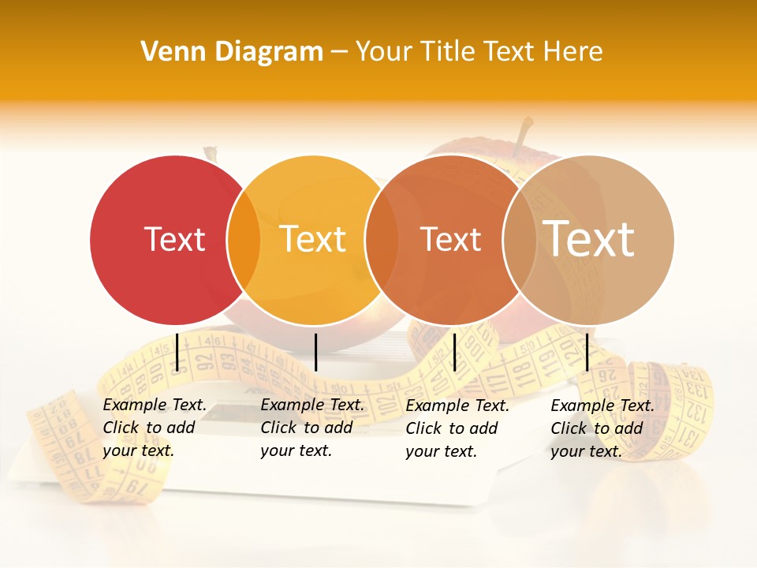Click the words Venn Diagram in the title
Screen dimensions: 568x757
(232, 51)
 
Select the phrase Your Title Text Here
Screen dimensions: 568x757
(479, 51)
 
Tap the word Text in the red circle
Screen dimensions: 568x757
(174, 239)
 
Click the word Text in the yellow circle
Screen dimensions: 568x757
(313, 239)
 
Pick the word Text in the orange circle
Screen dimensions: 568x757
(450, 240)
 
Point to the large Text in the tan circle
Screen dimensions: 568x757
(589, 238)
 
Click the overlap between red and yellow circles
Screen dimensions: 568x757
(244, 240)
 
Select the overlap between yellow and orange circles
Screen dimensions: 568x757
(381, 240)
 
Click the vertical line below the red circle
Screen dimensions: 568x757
(177, 352)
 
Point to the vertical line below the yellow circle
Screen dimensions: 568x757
(315, 352)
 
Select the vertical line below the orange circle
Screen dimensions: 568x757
(454, 352)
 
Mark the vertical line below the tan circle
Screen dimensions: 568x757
(587, 352)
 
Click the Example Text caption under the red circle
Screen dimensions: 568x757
(154, 428)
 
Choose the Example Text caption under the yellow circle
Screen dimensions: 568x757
(311, 428)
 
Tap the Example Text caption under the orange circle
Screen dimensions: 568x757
(457, 428)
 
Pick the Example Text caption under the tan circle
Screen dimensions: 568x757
(602, 428)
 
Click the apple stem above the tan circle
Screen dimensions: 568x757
(522, 136)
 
